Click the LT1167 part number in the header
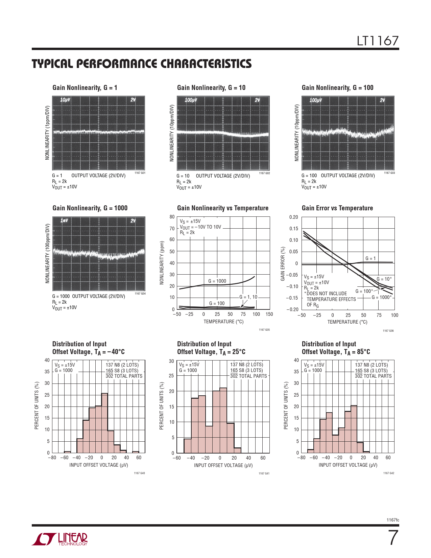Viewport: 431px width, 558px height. coord(378,41)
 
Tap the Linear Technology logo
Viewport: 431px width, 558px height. coord(59,539)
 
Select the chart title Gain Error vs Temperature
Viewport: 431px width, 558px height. coord(337,208)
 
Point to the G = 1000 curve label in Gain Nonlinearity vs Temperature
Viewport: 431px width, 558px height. coord(217,281)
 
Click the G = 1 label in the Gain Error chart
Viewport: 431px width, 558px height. coord(370,258)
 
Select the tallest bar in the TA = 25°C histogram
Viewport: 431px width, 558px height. coord(223,420)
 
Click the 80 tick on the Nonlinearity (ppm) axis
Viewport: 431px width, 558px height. coord(172,217)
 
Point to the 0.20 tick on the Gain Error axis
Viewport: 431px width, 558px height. coord(293,217)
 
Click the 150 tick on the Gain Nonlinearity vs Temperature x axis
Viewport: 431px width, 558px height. coord(269,314)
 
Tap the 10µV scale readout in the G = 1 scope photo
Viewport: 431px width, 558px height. coord(65,100)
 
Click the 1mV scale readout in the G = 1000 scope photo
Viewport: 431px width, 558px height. coord(64,220)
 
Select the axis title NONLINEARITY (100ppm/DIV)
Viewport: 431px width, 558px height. coord(47,253)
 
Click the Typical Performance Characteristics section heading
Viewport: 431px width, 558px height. coord(142,64)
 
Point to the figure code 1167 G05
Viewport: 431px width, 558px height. coord(264,330)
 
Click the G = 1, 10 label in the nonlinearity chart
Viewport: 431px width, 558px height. coord(248,297)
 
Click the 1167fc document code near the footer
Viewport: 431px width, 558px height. coord(393,520)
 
